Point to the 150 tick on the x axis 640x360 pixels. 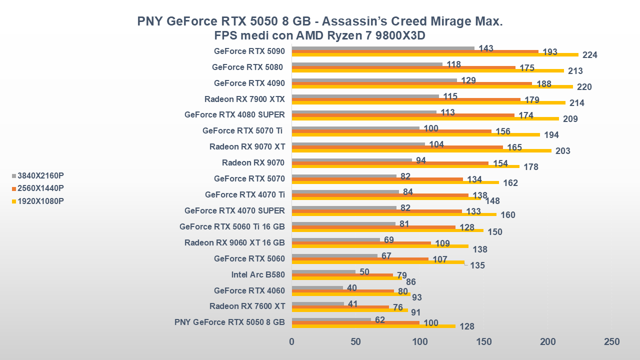click(x=483, y=342)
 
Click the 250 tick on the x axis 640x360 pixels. click(x=611, y=342)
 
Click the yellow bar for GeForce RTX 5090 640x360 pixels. click(x=435, y=54)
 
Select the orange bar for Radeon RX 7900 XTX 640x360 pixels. click(x=406, y=99)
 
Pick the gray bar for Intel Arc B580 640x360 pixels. click(x=323, y=271)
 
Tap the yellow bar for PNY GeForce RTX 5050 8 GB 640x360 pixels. click(x=373, y=326)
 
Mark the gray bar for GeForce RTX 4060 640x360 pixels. click(x=317, y=287)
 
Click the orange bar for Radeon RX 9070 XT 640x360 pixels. click(x=397, y=147)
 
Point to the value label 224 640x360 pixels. click(x=590, y=55)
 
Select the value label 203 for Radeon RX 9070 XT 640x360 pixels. click(x=563, y=151)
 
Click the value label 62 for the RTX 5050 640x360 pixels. click(x=379, y=320)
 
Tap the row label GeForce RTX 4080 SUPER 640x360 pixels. click(x=234, y=114)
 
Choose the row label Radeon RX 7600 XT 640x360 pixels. click(x=247, y=306)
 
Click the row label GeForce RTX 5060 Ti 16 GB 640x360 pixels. click(x=232, y=226)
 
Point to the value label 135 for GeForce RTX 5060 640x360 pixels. click(x=477, y=265)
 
